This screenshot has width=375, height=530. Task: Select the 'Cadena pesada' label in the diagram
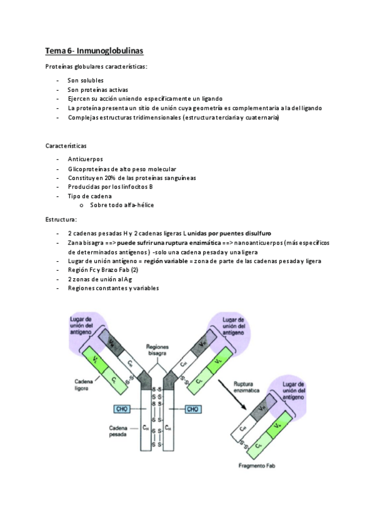pos(119,432)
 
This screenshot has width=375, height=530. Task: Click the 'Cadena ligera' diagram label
pos(85,384)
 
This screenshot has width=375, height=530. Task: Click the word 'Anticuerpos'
pos(86,159)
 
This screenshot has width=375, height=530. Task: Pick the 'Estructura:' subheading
pos(61,219)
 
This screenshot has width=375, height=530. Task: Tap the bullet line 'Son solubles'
pos(86,80)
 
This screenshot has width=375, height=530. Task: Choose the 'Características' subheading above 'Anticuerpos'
pos(66,146)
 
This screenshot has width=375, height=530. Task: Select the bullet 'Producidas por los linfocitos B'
pos(111,187)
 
